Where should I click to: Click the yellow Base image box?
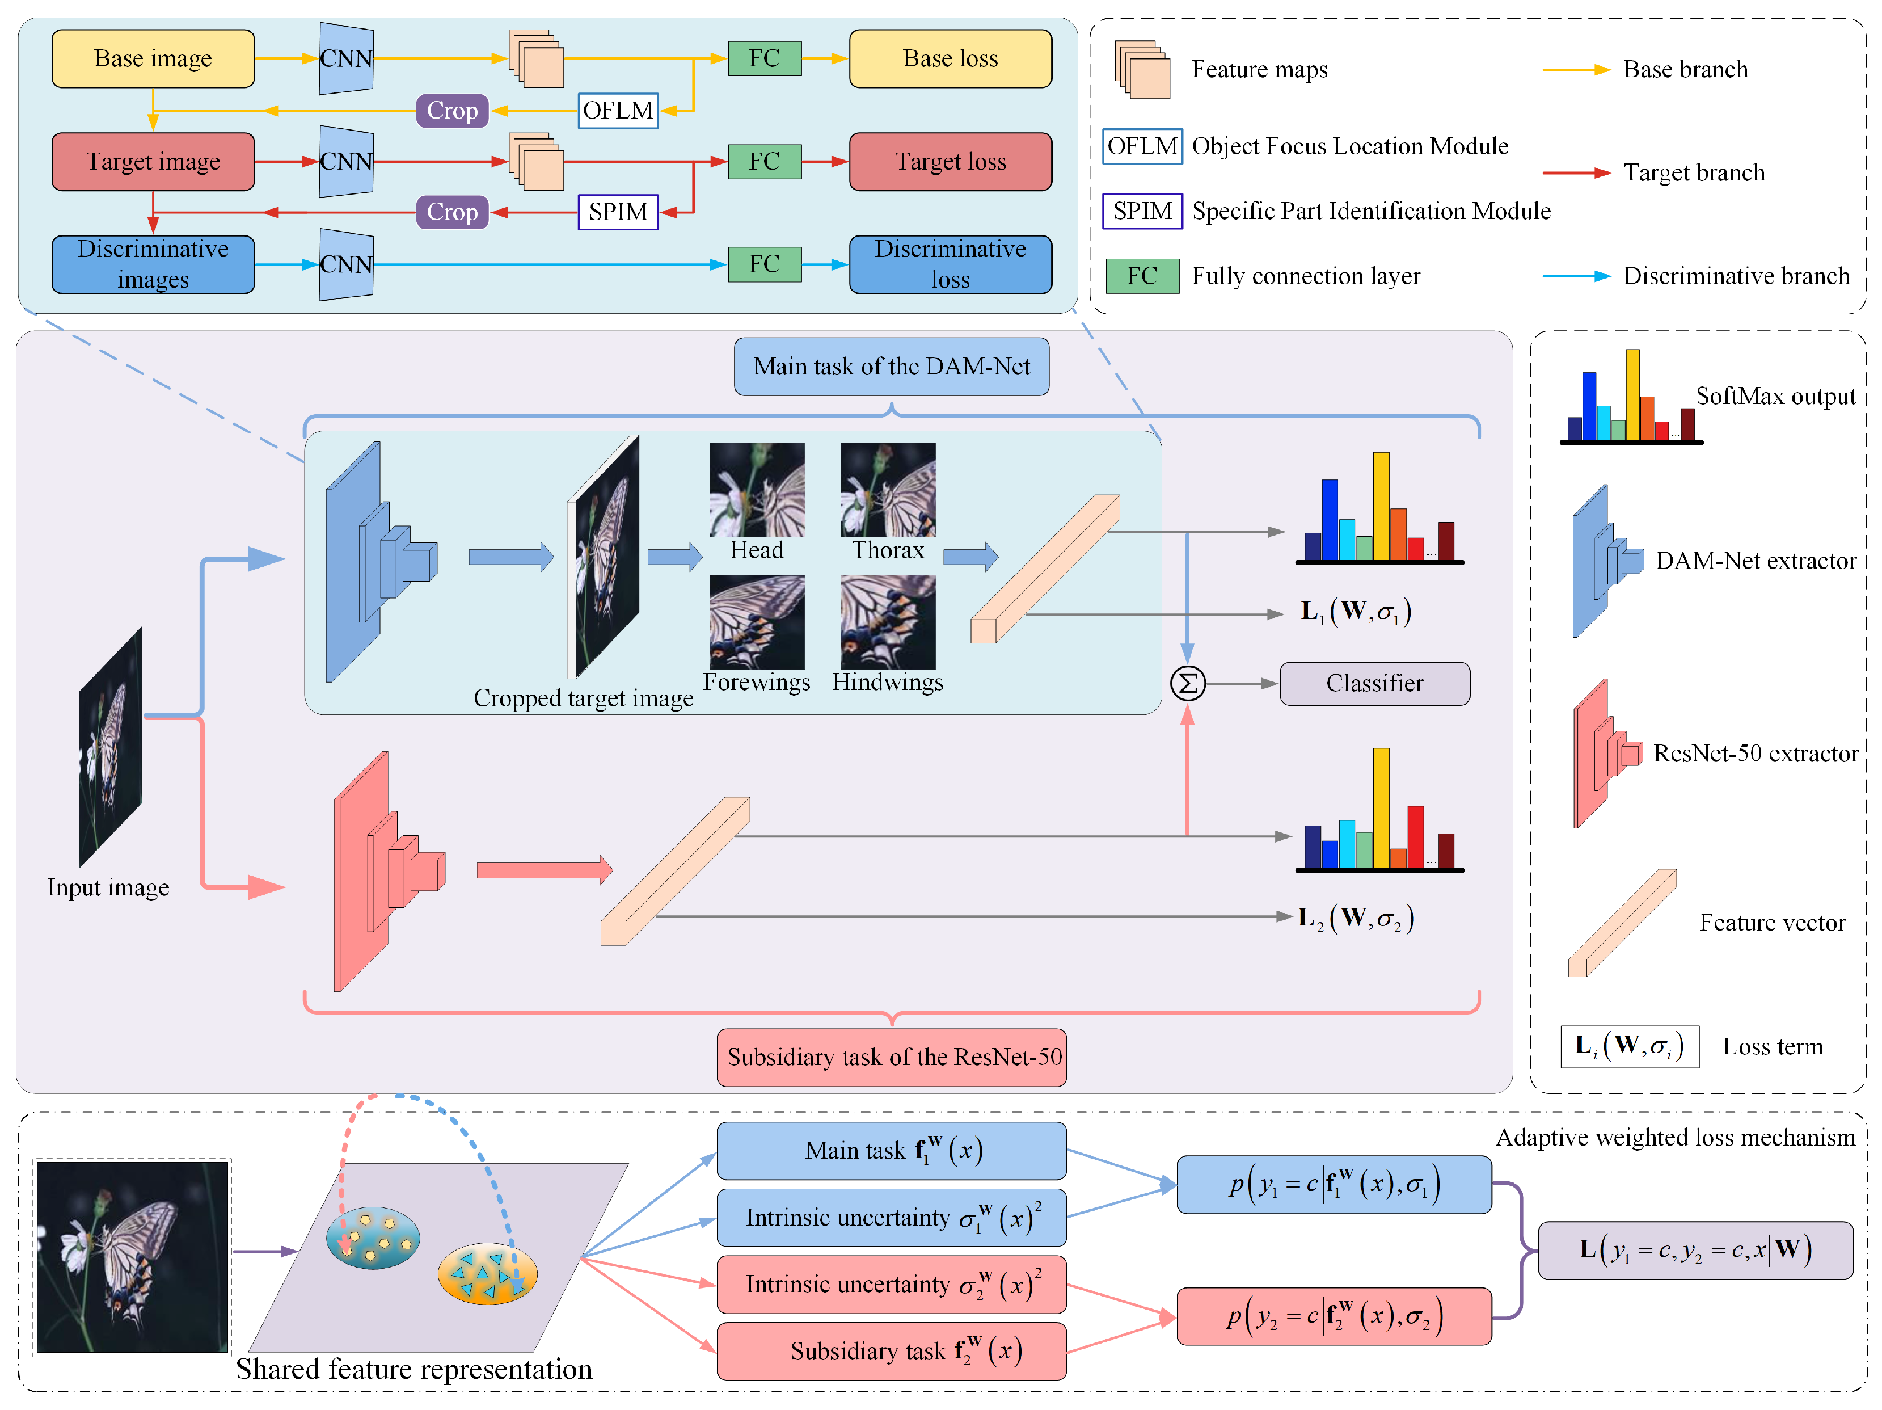click(x=153, y=58)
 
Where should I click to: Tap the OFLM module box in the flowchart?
click(x=618, y=111)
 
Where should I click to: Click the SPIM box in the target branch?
click(x=618, y=212)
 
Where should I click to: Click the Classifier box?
click(x=1374, y=683)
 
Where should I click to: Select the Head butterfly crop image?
click(x=757, y=489)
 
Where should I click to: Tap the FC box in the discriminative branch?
click(x=764, y=264)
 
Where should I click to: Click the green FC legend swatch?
click(x=1142, y=276)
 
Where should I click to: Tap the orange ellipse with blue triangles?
click(x=487, y=1274)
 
